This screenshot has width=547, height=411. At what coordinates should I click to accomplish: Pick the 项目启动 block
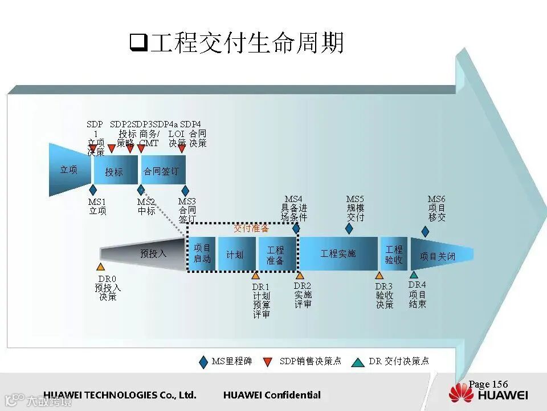tap(202, 253)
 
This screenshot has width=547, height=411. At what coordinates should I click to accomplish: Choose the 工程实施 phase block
tap(338, 253)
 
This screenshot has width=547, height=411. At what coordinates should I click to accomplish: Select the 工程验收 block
tap(394, 254)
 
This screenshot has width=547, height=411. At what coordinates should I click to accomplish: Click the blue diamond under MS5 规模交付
tap(349, 228)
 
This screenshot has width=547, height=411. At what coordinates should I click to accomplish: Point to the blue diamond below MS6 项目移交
tap(425, 231)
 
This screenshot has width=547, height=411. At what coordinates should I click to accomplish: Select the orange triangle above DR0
tap(101, 267)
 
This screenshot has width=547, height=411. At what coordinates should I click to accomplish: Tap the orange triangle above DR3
tap(379, 275)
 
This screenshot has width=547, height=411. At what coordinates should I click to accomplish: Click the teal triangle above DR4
tap(414, 274)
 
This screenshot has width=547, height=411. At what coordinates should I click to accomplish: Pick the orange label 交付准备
tap(251, 228)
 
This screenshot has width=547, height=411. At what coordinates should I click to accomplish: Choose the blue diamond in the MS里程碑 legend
tap(203, 361)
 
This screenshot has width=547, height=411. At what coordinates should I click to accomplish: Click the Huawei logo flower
tap(461, 392)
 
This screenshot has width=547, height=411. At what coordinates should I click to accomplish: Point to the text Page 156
tap(488, 384)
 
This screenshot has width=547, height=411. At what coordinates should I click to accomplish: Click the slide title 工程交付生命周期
tap(238, 43)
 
